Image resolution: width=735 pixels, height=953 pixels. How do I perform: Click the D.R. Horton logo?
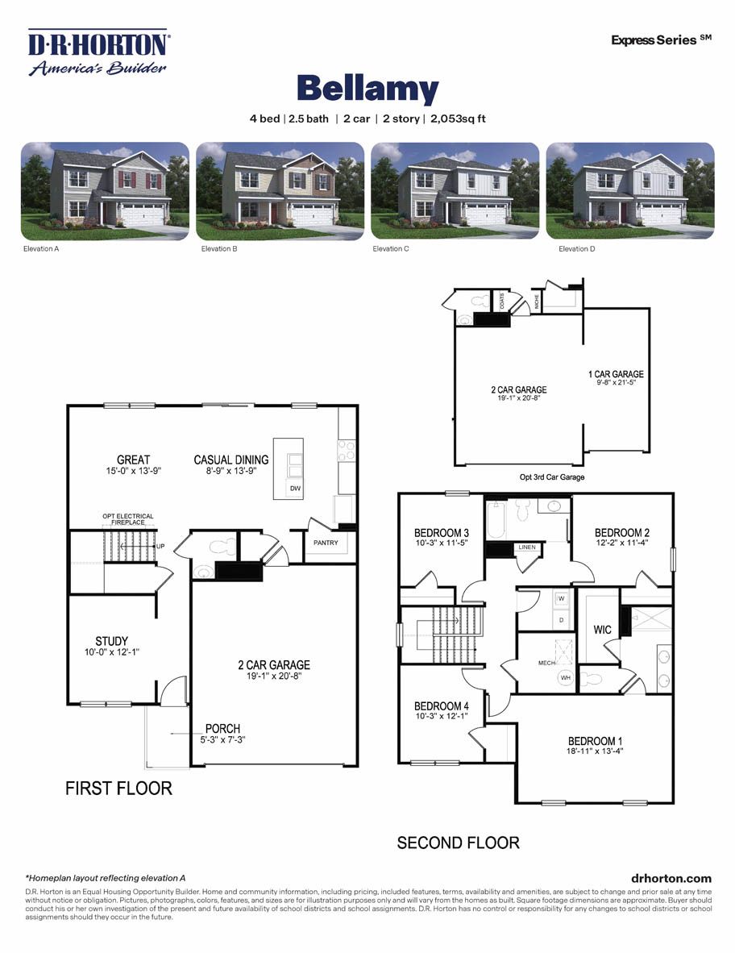98,52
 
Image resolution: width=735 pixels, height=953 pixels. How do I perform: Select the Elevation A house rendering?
105,191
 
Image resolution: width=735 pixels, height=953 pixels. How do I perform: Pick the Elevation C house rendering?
455,191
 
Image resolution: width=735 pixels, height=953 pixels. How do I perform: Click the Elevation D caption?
576,249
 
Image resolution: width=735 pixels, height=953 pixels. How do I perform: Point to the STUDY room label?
111,642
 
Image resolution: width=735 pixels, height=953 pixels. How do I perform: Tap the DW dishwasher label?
295,489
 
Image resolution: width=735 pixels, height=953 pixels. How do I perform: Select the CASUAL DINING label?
231,460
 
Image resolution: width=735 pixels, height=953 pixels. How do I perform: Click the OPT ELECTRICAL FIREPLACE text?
127,519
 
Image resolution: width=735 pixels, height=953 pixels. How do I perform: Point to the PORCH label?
222,729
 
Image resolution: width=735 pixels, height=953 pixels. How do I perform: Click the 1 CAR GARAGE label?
616,374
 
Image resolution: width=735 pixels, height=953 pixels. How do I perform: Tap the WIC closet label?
603,628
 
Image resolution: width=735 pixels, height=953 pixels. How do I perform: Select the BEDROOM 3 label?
442,533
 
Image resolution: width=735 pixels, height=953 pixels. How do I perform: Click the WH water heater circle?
565,678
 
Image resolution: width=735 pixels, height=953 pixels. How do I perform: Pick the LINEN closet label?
526,547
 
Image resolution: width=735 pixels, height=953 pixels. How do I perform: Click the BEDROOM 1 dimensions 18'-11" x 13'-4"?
595,751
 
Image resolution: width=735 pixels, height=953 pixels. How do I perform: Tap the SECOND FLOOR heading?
458,843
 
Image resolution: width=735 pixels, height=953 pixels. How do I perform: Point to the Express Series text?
661,39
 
